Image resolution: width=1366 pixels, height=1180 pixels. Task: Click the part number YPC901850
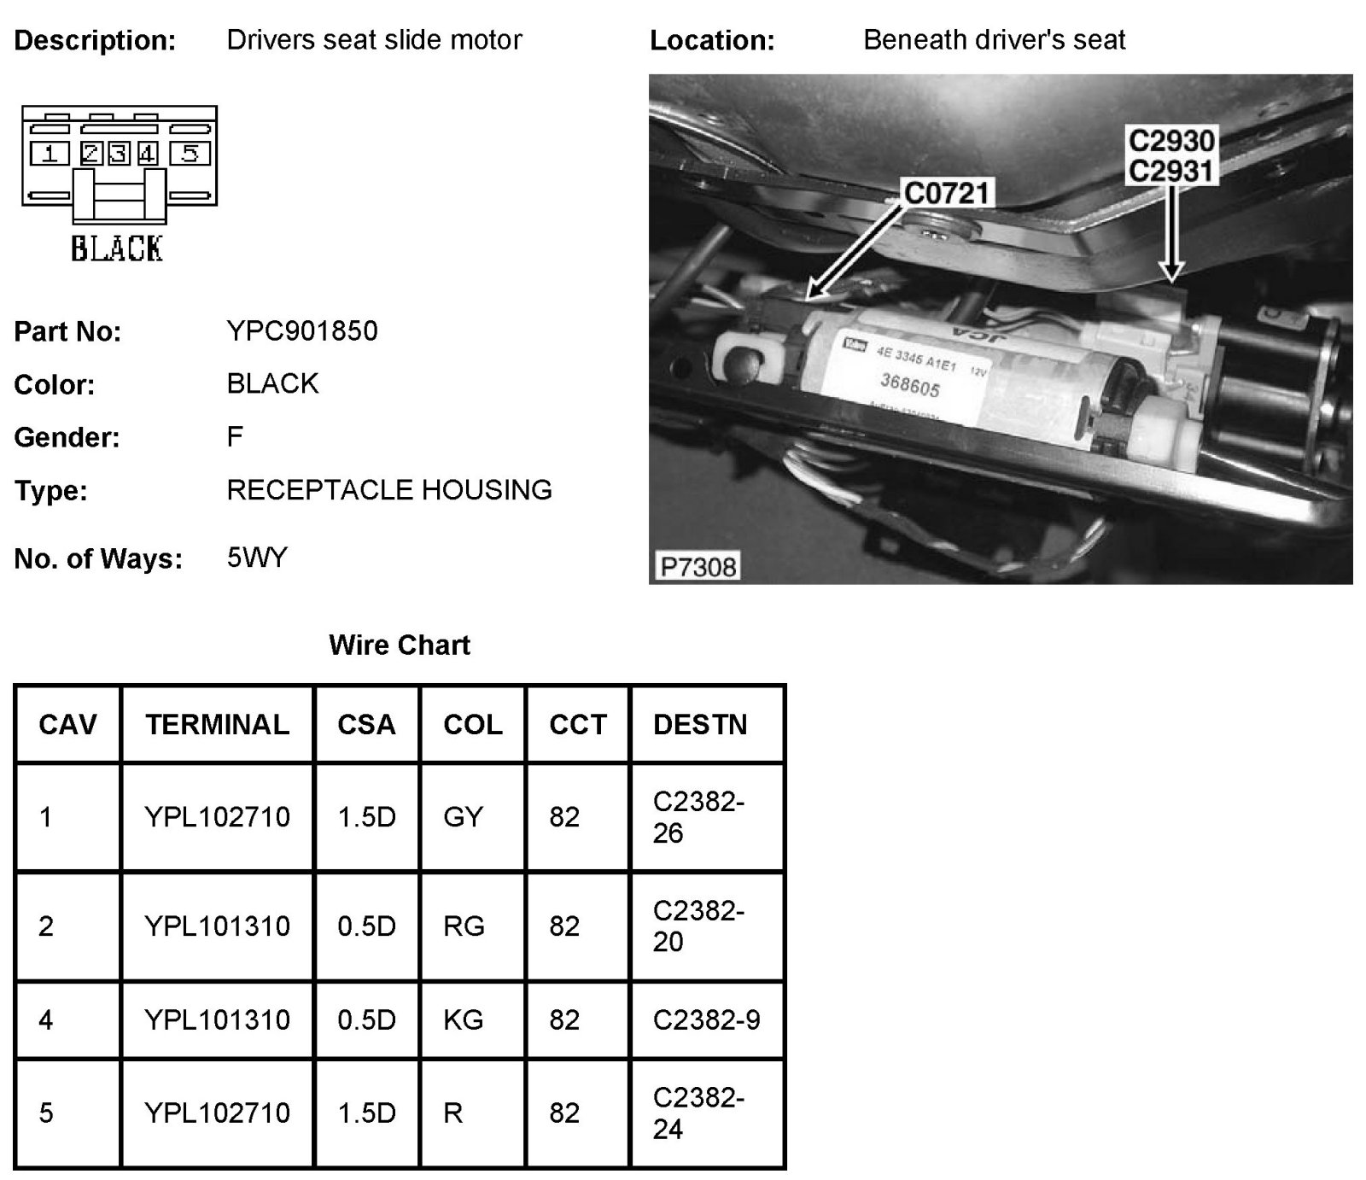coord(302,331)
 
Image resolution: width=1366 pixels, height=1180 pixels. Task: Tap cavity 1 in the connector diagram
coord(50,154)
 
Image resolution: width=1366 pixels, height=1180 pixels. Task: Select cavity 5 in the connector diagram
coord(190,154)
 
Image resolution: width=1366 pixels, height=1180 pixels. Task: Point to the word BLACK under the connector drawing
coord(117,248)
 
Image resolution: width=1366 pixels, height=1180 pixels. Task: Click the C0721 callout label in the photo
coord(946,194)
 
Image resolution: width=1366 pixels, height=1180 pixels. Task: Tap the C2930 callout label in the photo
coord(1171,141)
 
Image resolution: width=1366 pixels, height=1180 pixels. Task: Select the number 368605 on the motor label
coord(910,386)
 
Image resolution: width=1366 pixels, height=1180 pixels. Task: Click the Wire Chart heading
coord(400,645)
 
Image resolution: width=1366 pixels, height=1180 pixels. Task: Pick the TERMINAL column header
coord(218,725)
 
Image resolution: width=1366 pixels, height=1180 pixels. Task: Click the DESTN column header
coord(700,725)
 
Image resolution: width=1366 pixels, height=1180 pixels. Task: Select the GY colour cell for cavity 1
coord(464,817)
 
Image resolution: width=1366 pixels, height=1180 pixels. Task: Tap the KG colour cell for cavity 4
coord(464,1019)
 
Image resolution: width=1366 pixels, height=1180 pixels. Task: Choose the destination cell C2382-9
coord(706,1019)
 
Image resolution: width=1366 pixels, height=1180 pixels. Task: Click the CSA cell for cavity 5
coord(367,1113)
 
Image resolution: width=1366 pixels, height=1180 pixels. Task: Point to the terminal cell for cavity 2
coord(218,926)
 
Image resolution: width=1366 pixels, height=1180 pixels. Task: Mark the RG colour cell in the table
coord(464,926)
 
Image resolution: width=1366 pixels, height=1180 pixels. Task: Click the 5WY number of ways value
coord(257,558)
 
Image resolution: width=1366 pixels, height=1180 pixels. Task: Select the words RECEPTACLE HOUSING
coord(389,490)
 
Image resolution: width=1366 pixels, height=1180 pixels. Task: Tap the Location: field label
coord(712,41)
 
